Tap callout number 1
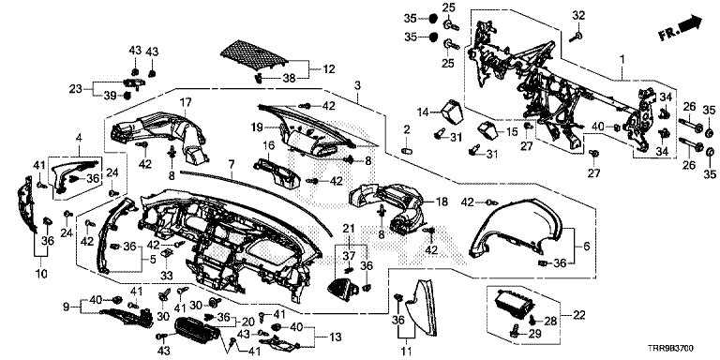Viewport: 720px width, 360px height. [622, 60]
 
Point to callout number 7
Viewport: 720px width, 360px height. [231, 163]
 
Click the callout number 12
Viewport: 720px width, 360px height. [329, 69]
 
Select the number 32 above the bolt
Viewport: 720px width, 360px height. [578, 15]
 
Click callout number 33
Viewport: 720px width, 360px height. [166, 275]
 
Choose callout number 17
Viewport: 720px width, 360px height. [185, 104]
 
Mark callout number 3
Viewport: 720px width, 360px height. [357, 84]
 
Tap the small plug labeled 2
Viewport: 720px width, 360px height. [407, 150]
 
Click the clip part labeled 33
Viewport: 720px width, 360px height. [166, 254]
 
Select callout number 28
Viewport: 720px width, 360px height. [551, 322]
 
